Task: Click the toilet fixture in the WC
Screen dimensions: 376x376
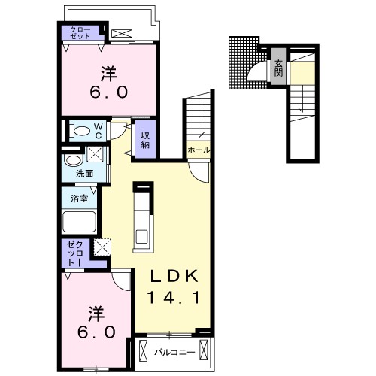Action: [80, 132]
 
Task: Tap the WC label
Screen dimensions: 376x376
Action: [99, 131]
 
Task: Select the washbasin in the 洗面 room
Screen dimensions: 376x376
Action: [73, 160]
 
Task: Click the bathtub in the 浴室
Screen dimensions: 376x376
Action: [79, 222]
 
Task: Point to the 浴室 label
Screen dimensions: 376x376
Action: [79, 199]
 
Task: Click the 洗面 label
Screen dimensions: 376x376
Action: [85, 174]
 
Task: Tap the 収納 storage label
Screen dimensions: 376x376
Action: [145, 140]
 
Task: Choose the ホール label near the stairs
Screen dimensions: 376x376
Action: [199, 150]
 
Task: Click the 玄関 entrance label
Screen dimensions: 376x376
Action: [278, 68]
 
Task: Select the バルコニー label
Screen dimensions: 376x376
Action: [174, 353]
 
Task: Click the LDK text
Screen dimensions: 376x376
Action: [174, 277]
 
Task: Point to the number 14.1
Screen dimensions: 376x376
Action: [174, 298]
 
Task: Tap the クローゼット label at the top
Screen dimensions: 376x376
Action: [80, 33]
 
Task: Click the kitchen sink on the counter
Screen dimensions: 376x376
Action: [142, 237]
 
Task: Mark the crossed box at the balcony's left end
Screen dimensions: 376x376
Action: [144, 350]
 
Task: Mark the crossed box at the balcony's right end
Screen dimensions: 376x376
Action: [204, 350]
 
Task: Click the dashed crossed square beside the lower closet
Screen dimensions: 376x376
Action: [102, 247]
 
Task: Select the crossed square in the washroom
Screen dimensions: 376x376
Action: [95, 154]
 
